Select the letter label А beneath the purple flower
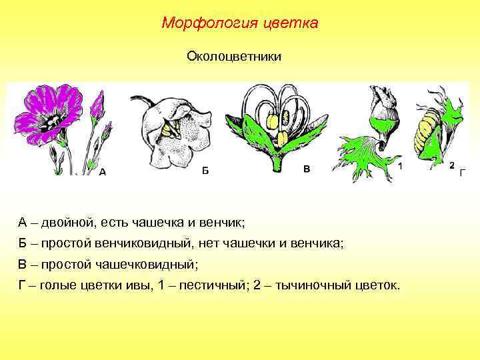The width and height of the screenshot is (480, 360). coord(102,171)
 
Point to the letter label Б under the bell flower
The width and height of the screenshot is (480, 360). coord(205,171)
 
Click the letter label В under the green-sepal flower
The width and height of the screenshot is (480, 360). coord(307,169)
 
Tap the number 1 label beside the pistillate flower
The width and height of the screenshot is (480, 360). coord(399,165)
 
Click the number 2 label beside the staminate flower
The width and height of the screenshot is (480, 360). coord(451,165)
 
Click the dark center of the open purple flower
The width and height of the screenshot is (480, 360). coord(49,121)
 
